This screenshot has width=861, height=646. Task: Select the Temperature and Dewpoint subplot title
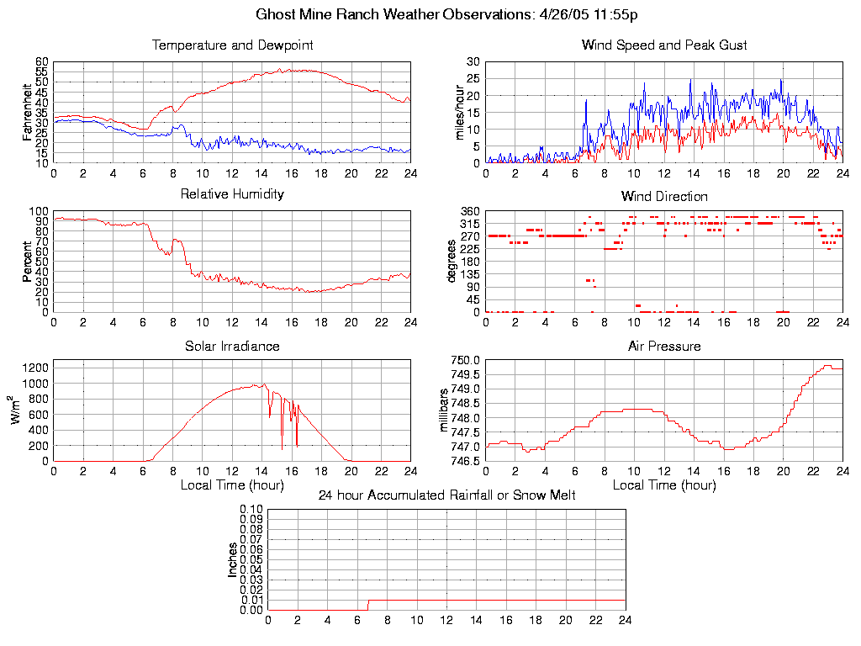coord(232,45)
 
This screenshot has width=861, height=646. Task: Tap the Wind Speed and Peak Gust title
coord(664,45)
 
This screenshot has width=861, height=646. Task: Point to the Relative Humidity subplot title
coord(232,194)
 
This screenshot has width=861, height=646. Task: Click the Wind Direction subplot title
coord(664,197)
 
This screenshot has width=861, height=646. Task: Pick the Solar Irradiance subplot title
coord(232,346)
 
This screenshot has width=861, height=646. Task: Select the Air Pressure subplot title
coord(664,346)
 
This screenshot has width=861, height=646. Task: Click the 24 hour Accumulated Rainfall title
coord(446,495)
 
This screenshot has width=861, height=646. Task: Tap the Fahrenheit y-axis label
coord(27,112)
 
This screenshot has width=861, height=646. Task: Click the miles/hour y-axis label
coord(460,112)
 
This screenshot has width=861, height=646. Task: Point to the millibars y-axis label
coord(446,410)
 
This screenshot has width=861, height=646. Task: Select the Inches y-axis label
coord(232,559)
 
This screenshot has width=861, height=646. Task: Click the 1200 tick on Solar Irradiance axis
coord(35,367)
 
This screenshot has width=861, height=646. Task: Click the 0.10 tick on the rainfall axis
coord(251,509)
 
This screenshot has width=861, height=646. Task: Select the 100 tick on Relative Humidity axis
coord(40,211)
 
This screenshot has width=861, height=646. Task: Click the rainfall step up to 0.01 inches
coord(368,604)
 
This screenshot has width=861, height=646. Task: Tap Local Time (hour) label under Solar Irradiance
coord(232,484)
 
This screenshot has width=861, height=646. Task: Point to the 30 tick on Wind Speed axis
coord(473,62)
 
